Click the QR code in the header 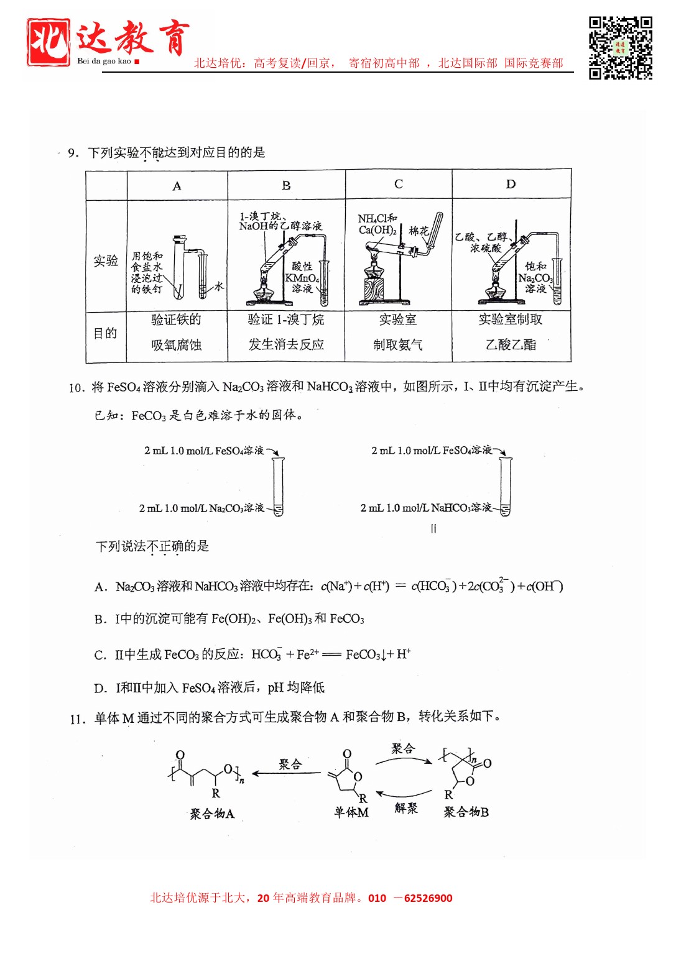pos(620,48)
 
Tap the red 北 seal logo pos(48,42)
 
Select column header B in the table pos(286,185)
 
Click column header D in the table pos(511,184)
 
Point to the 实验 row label pos(106,260)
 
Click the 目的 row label pos(105,333)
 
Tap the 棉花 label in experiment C pos(419,231)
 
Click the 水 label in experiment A pos(219,286)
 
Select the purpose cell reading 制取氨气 pos(398,344)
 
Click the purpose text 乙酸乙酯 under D pos(511,344)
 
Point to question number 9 pos(73,153)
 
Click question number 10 pos(76,388)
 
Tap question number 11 pos(77,719)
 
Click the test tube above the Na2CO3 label pos(278,485)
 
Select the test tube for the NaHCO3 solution pos(505,485)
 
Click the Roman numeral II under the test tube pos(433,528)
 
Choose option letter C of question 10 pos(100,655)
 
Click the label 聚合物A pos(212,814)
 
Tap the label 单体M pos(351,812)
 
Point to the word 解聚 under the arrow pos(406,808)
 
